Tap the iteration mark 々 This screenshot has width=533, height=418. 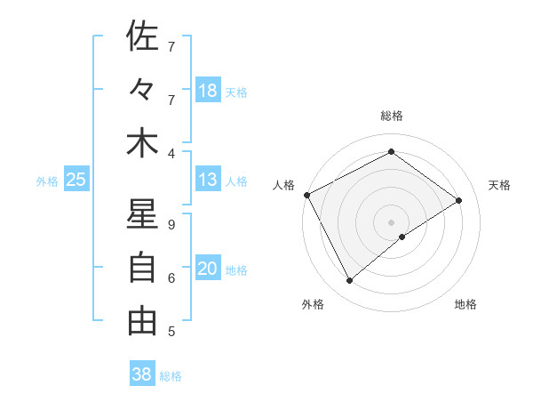(x=142, y=90)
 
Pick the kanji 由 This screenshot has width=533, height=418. (x=142, y=321)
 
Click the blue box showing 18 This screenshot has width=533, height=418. (x=208, y=90)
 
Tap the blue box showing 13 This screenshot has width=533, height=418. (x=208, y=180)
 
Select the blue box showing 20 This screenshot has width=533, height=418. (x=208, y=269)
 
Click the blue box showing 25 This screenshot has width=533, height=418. (x=76, y=180)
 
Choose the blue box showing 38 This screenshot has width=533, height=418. (x=141, y=374)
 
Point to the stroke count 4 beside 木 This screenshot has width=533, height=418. (x=171, y=153)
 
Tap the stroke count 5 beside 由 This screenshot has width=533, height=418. (x=171, y=332)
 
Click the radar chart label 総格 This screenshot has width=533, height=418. (x=391, y=116)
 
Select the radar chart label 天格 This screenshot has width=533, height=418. (x=499, y=185)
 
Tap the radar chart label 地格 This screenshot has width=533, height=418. (x=465, y=304)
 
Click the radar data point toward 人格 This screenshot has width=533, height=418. (x=306, y=195)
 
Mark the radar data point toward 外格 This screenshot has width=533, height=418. (x=349, y=280)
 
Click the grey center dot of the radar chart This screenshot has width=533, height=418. (x=391, y=221)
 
